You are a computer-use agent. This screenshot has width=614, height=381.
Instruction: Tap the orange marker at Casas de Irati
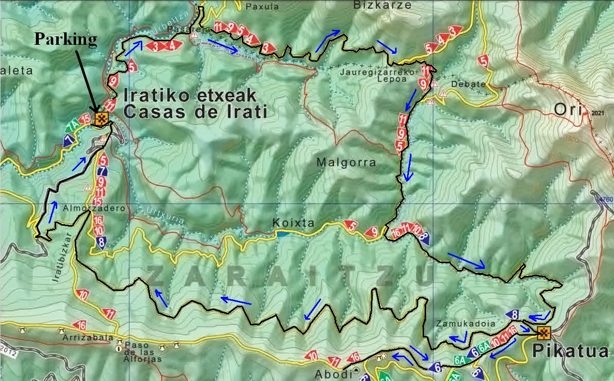(x=102, y=119)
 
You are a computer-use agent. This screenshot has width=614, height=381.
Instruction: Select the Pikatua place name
(x=570, y=352)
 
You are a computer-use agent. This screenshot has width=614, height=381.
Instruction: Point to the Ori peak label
(x=568, y=111)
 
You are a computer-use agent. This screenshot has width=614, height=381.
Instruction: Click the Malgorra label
(x=346, y=162)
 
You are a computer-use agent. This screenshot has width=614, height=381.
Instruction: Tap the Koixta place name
(x=294, y=223)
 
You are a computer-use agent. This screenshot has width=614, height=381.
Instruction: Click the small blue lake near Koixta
(x=282, y=234)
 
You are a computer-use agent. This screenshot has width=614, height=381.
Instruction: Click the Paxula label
(x=262, y=7)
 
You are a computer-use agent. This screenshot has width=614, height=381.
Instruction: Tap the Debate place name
(x=468, y=84)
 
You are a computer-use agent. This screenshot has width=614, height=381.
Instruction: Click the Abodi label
(x=329, y=374)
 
